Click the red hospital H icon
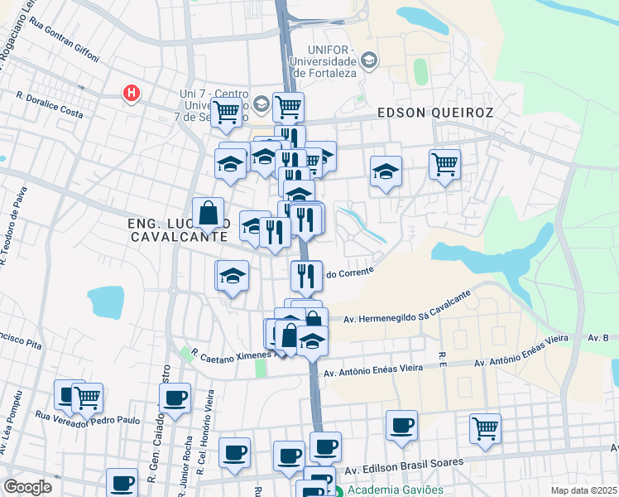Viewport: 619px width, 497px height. [x=130, y=93]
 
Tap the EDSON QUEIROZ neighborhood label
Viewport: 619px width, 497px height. [x=435, y=113]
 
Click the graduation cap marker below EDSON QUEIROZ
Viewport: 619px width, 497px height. [x=386, y=171]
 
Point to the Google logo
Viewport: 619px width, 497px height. [x=27, y=487]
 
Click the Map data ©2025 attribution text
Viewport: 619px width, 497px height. [x=583, y=490]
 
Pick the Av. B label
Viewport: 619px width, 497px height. [x=599, y=338]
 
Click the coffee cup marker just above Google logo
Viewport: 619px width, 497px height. [x=122, y=482]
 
